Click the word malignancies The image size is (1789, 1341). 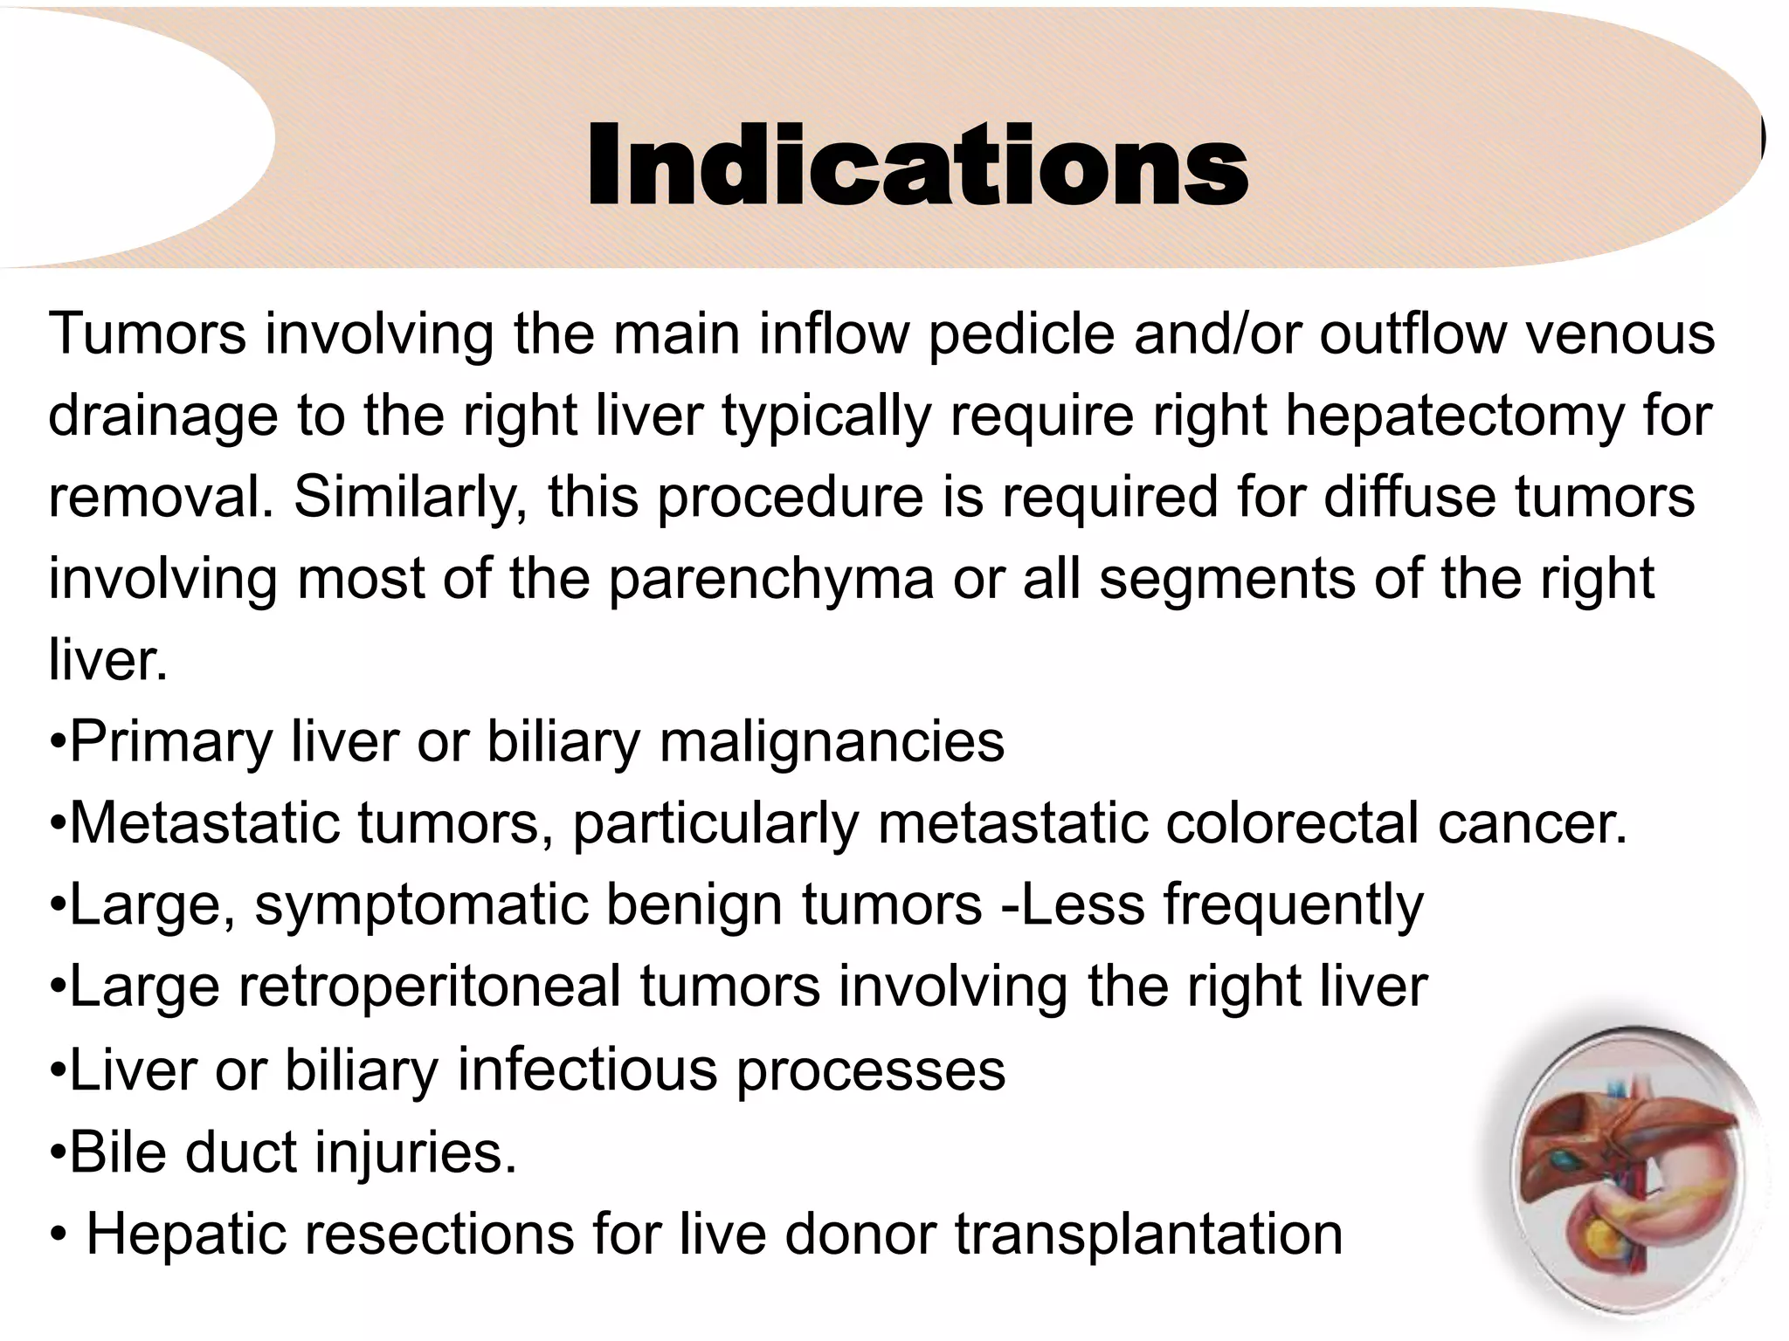[x=832, y=743]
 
